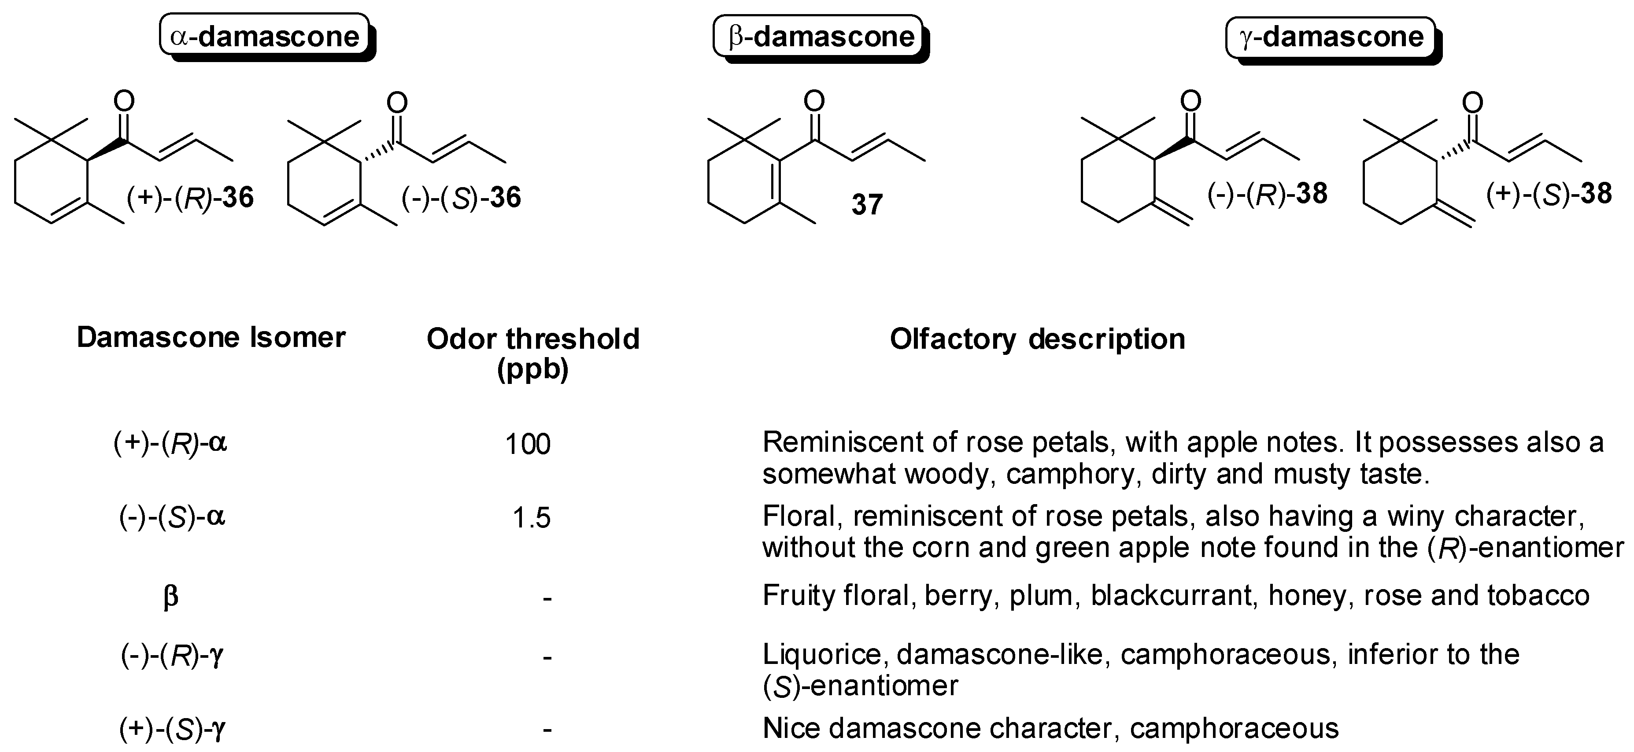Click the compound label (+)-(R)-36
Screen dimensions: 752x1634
(x=190, y=198)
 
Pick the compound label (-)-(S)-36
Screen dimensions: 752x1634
(x=461, y=198)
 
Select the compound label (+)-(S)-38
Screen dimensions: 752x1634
(x=1549, y=193)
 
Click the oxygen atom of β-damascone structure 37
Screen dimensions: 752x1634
(x=814, y=101)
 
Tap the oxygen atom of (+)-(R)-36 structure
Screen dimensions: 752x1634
(x=124, y=101)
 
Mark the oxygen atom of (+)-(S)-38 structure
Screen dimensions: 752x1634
(x=1472, y=103)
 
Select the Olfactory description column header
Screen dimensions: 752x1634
(x=1037, y=339)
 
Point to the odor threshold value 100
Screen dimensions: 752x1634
(x=528, y=445)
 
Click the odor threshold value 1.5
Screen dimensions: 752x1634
(x=532, y=519)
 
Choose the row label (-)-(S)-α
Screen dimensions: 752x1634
(x=172, y=517)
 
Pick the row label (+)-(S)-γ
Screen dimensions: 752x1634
(x=172, y=729)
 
